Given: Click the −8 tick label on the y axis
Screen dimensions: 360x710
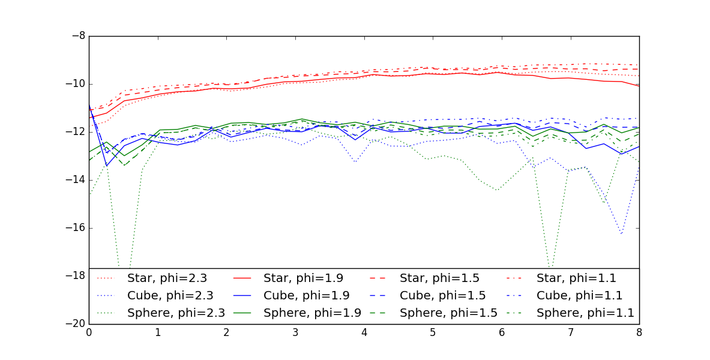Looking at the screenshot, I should tap(78, 36).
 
